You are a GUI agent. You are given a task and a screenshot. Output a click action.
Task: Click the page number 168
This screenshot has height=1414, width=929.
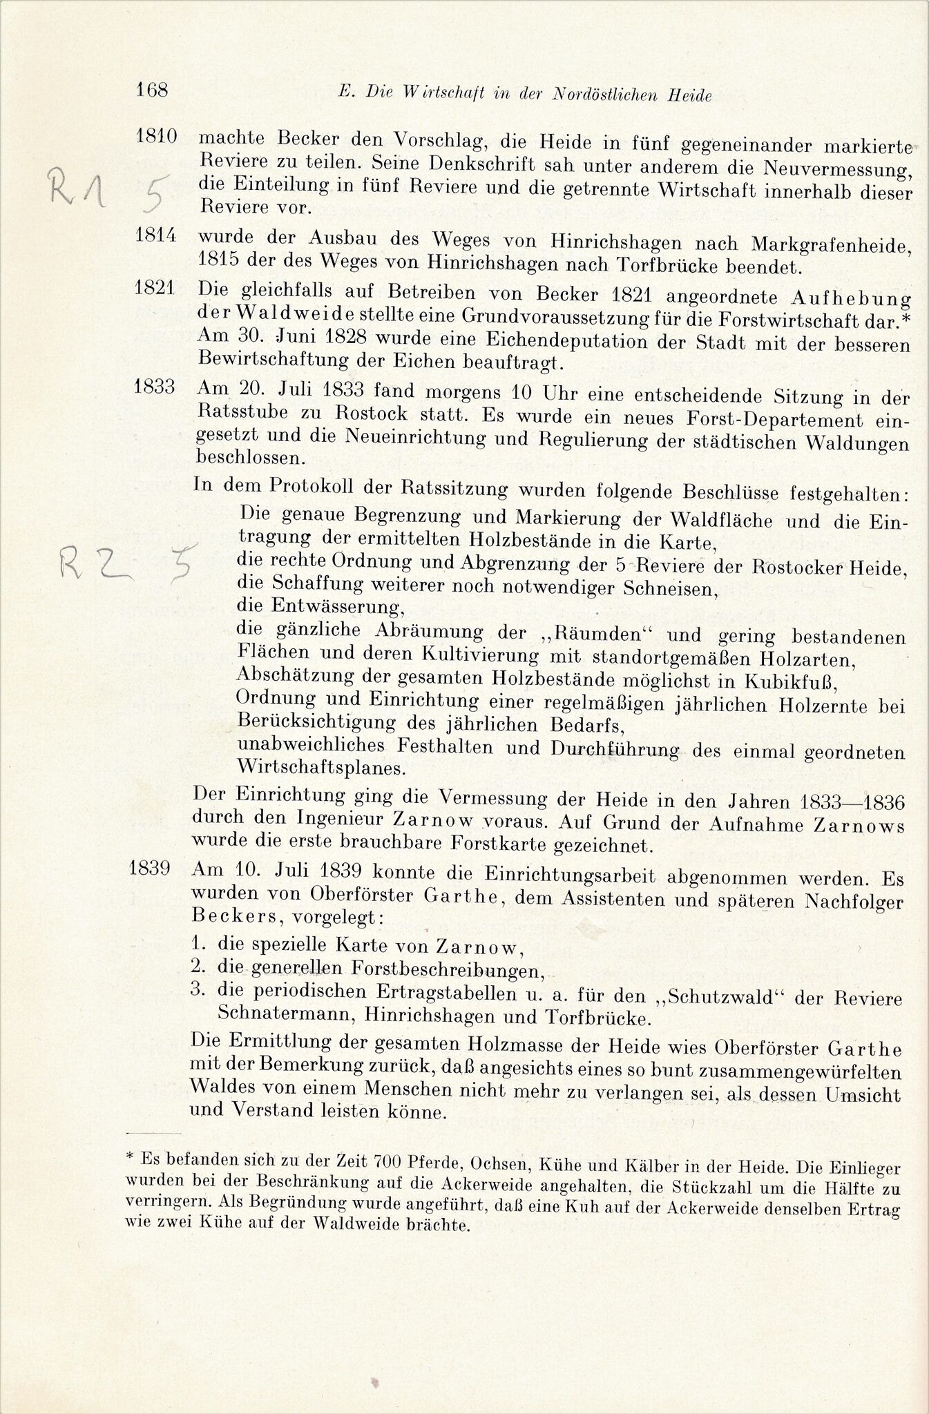click(x=153, y=90)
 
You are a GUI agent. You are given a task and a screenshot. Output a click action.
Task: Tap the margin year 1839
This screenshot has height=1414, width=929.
click(x=150, y=868)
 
